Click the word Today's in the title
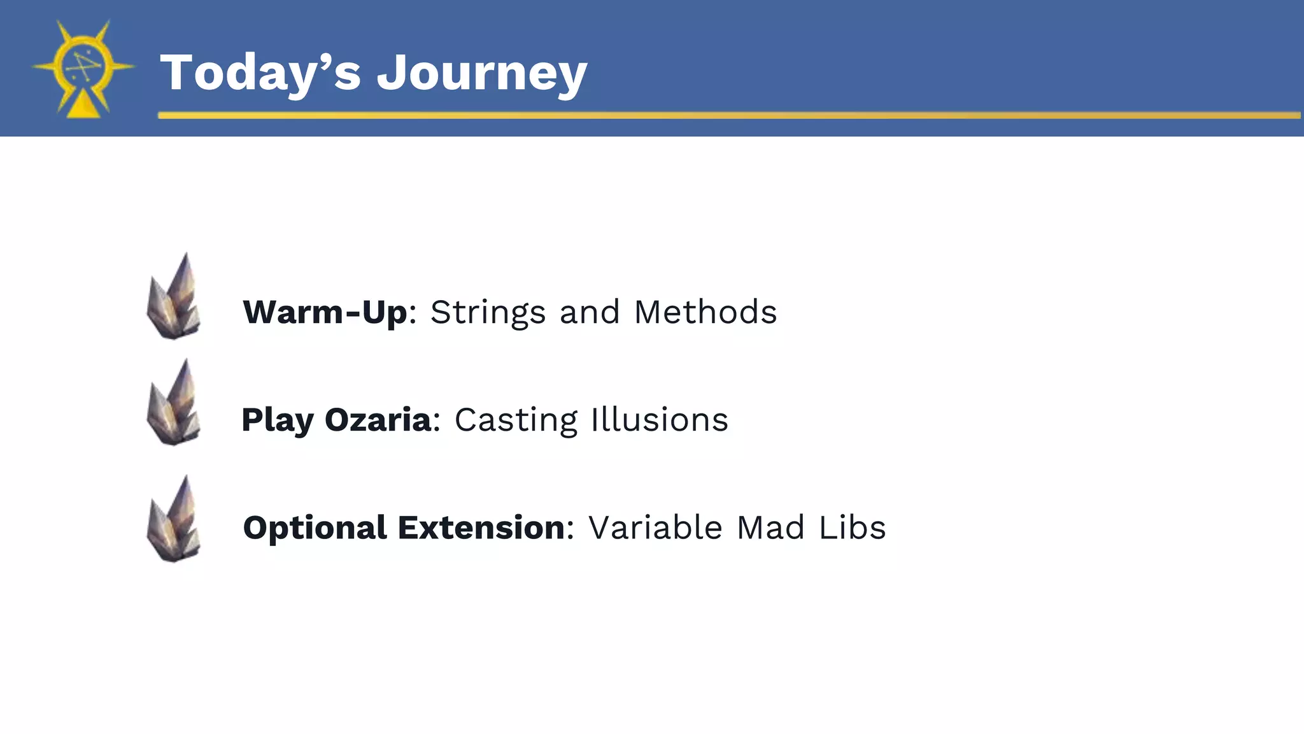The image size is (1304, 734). [x=260, y=73]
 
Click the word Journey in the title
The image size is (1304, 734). [x=481, y=74]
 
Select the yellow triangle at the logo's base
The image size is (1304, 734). [x=83, y=105]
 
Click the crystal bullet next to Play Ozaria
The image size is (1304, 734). [x=174, y=403]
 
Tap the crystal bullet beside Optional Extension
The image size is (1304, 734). [x=174, y=520]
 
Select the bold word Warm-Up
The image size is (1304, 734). [x=325, y=312]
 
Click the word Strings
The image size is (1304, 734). [x=488, y=312]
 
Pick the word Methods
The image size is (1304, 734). [x=705, y=312]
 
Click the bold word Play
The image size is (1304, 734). [x=278, y=421]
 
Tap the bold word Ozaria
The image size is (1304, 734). [x=378, y=420]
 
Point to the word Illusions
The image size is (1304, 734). [x=659, y=420]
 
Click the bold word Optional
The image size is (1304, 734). [x=315, y=528]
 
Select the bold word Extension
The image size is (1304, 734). [x=481, y=528]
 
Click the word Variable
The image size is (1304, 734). [x=655, y=528]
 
